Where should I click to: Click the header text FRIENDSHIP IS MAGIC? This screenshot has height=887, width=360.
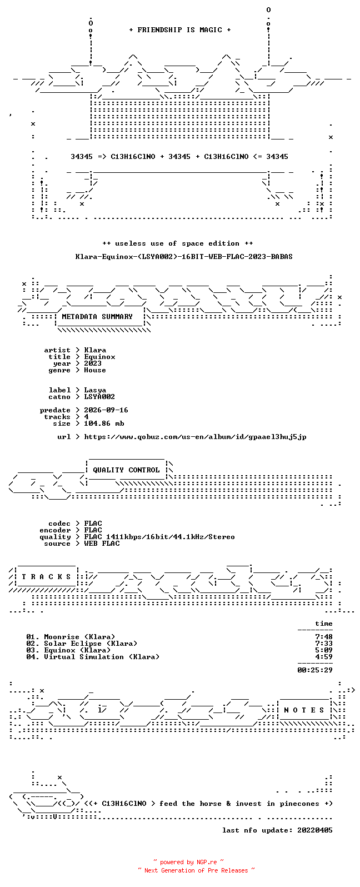179,29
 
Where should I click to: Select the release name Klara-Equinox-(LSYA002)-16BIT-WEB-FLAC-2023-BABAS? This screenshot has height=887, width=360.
184,256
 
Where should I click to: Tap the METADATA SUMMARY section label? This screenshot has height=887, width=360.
97,316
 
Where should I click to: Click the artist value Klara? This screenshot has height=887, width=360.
95,350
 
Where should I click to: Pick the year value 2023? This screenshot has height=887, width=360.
93,363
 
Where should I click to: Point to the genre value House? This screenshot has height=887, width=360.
95,370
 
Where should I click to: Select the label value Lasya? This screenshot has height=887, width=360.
95,390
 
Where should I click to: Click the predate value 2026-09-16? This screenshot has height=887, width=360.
106,410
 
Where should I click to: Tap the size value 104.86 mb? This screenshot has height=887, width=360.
104,423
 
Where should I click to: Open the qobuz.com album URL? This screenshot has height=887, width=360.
195,437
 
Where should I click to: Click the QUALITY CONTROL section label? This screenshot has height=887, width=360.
126,470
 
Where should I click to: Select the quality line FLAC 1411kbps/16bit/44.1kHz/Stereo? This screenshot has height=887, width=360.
159,536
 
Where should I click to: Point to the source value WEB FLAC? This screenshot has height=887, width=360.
102,544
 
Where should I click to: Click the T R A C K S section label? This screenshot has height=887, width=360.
46,576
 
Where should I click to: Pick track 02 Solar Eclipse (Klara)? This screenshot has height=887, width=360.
82,644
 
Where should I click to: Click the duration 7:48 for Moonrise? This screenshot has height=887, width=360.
324,637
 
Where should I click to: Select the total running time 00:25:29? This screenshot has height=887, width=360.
315,670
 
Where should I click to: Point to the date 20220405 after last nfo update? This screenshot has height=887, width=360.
315,830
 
